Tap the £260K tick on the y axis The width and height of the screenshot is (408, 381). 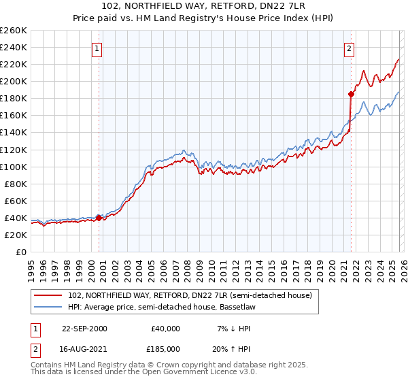(x=13, y=31)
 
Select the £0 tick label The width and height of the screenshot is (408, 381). (x=20, y=252)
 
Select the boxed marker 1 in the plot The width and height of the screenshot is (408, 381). (x=98, y=48)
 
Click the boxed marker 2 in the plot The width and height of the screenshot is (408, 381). (x=349, y=48)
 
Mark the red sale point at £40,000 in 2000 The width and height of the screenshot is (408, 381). (x=99, y=218)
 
